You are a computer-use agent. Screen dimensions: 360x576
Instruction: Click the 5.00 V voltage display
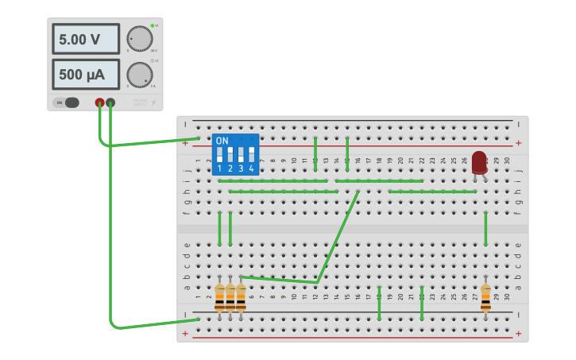[86, 39]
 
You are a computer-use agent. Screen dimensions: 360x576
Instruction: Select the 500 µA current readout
[86, 75]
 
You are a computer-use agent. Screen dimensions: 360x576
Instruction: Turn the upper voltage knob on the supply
[140, 39]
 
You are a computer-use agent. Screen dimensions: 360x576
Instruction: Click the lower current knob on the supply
[140, 75]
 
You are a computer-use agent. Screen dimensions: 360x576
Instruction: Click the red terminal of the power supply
[99, 103]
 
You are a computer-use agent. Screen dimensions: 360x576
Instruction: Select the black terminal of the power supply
[110, 103]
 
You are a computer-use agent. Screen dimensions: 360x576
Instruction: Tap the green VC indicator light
[152, 25]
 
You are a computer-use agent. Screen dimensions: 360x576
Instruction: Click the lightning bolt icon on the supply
[153, 103]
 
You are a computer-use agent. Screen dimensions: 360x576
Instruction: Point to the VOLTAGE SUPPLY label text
[139, 103]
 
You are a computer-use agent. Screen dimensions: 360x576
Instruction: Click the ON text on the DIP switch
[222, 141]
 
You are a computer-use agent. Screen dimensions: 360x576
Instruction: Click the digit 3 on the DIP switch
[241, 168]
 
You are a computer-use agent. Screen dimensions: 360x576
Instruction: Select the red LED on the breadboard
[479, 162]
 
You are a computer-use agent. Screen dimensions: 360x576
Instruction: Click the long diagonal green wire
[338, 236]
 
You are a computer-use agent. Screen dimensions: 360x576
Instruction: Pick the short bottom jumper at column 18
[379, 303]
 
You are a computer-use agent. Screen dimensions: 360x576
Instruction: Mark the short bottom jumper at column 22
[422, 303]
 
